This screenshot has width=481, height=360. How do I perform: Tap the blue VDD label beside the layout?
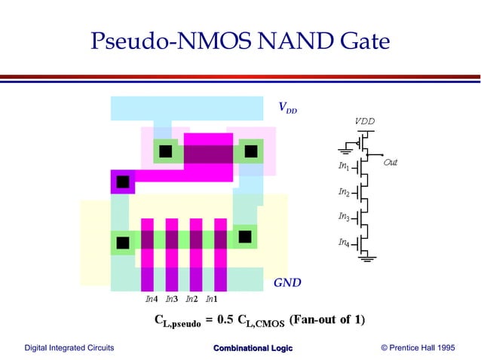click(x=287, y=108)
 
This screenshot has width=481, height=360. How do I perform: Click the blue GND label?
click(x=286, y=283)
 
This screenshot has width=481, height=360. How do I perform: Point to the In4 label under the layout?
click(x=152, y=300)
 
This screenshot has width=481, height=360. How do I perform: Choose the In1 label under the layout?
click(x=213, y=300)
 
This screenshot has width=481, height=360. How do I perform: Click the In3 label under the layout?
click(x=171, y=300)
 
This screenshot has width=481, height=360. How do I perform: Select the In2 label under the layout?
click(x=192, y=300)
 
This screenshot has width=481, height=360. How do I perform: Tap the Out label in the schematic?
click(x=390, y=162)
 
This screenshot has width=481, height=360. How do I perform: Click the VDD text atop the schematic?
click(x=364, y=121)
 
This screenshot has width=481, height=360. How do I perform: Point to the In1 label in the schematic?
click(x=343, y=166)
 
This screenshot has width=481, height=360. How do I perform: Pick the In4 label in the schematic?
click(x=343, y=243)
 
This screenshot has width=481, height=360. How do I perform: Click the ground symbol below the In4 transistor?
click(x=368, y=259)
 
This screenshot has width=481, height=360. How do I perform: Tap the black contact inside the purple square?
click(x=122, y=182)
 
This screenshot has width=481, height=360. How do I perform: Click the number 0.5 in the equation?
click(x=225, y=320)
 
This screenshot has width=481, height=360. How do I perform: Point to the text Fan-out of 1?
click(x=327, y=320)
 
